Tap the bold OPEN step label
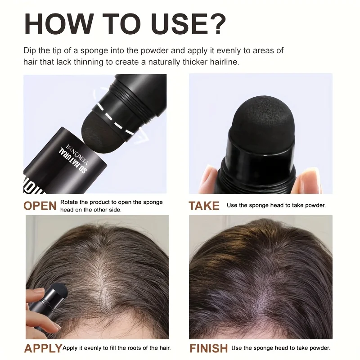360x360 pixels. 40,206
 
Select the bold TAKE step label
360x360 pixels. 204,206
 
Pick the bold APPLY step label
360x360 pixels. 43,348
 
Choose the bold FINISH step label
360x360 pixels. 208,348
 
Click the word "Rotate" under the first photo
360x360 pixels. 70,202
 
